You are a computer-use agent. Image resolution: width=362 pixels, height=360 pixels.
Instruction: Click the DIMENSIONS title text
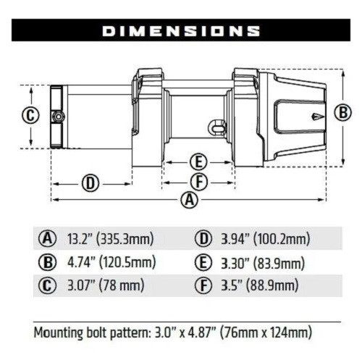[x=181, y=31]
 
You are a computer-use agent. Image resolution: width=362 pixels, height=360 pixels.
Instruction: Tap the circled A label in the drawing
[x=190, y=201]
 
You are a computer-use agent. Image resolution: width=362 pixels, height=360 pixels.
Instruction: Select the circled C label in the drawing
[x=29, y=115]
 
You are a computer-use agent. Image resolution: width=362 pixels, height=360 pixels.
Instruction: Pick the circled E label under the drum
[x=197, y=162]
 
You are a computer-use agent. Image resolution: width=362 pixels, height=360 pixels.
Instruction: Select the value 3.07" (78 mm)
[x=106, y=285]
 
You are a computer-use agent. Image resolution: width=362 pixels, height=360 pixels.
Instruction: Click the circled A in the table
[x=48, y=239]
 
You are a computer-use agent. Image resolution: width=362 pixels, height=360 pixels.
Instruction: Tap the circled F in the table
[x=203, y=285]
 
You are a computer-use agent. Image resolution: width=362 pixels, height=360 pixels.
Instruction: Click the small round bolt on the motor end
[x=56, y=117]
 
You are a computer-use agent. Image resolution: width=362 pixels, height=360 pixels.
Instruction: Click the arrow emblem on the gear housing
[x=316, y=116]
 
